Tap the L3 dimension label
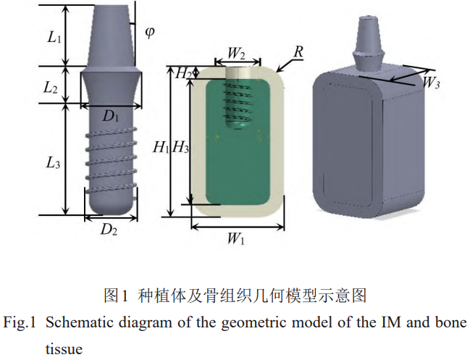coord(53,164)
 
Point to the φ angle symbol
coord(150,33)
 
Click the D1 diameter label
coord(111,115)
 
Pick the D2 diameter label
coord(109,230)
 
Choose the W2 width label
coord(237,53)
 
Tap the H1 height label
coord(160,148)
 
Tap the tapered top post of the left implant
coord(111,33)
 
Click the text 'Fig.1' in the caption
coord(20,322)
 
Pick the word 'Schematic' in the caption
coord(77,322)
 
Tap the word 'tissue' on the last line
coord(64,348)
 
